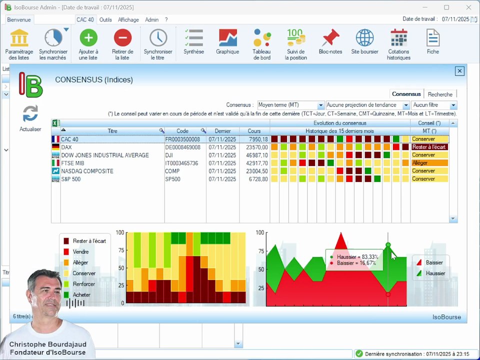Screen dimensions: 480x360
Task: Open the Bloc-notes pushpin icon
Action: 330,37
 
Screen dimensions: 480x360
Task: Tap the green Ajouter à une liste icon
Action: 88,37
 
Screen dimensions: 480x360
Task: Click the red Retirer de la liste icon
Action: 122,37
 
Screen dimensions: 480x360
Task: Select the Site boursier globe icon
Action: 364,37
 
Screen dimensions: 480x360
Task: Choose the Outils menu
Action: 105,19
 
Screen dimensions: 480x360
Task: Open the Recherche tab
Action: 440,94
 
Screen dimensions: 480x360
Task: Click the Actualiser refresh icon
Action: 30,113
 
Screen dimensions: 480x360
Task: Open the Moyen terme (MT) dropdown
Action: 291,105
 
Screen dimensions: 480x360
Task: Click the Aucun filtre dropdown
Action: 434,105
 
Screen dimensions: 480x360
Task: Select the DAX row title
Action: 66,147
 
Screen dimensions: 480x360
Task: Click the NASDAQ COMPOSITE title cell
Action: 87,171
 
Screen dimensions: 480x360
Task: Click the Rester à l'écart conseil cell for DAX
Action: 429,147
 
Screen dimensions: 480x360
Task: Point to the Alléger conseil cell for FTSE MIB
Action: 429,163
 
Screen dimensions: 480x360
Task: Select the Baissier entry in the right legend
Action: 430,262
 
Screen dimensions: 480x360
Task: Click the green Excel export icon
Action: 55,123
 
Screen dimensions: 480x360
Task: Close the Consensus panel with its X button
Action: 459,71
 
